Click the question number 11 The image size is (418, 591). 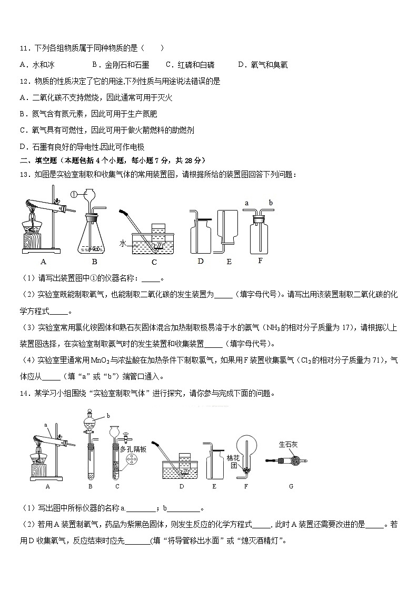(x=24, y=48)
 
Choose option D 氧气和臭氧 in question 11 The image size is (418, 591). (x=263, y=65)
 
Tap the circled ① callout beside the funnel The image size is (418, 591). (x=74, y=194)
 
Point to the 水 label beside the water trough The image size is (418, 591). (x=122, y=243)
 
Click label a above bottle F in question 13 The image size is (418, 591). (x=247, y=202)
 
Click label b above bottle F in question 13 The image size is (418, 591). (x=271, y=202)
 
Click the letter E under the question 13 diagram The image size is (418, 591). (x=228, y=261)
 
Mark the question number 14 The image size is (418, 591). (x=24, y=393)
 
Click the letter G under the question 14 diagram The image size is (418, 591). (x=291, y=486)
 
